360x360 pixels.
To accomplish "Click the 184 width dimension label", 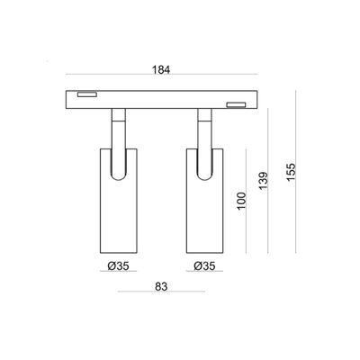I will [162, 68].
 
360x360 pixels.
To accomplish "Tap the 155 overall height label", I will [288, 171].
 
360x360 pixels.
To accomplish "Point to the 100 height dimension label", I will [240, 200].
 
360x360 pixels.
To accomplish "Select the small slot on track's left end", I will [88, 94].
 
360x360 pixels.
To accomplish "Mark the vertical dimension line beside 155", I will [299, 171].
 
